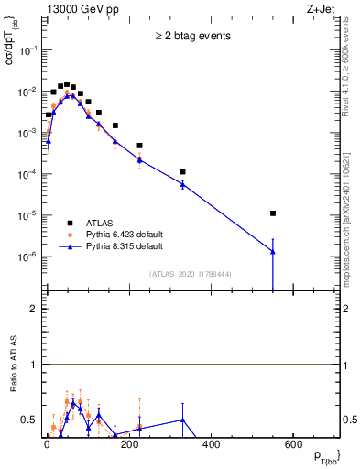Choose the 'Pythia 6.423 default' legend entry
pyautogui.click(x=118, y=234)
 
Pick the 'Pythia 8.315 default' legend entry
pyautogui.click(x=118, y=246)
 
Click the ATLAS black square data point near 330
pyautogui.click(x=182, y=171)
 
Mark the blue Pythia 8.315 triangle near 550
pyautogui.click(x=273, y=251)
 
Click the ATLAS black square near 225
pyautogui.click(x=139, y=146)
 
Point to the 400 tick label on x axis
pyautogui.click(x=211, y=444)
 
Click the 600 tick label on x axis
pyautogui.click(x=293, y=444)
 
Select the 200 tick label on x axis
pyautogui.click(x=129, y=444)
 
